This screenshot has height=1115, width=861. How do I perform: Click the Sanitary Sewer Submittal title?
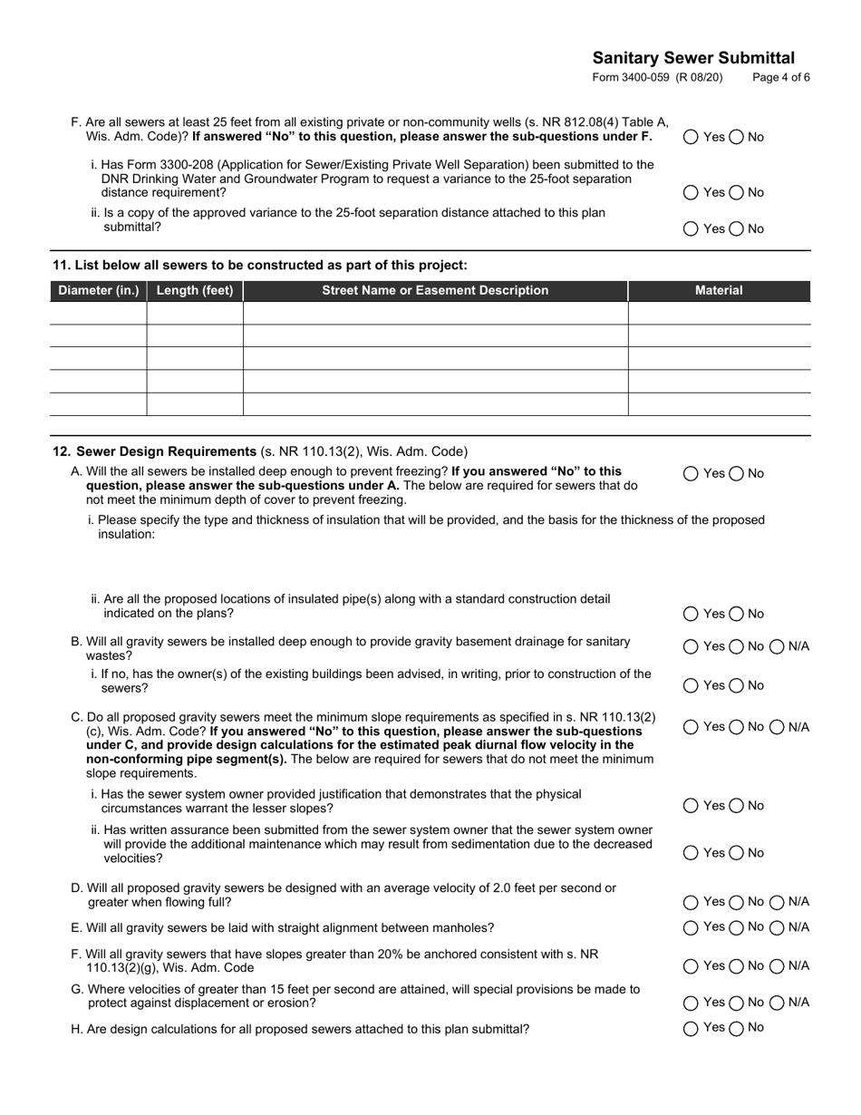(693, 58)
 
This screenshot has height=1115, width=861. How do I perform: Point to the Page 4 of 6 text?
(781, 78)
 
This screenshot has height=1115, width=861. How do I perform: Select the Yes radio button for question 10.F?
(692, 137)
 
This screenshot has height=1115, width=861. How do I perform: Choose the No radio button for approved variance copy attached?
(736, 228)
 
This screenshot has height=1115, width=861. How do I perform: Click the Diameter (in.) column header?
(98, 291)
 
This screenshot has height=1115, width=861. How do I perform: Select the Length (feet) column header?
(195, 291)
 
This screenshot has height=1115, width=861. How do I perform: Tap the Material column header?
(719, 291)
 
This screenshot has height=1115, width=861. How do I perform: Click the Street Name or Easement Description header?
(435, 291)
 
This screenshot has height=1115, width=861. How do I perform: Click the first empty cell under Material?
(719, 314)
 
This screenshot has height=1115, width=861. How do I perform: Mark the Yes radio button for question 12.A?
(692, 473)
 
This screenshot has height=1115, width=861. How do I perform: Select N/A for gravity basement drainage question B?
(778, 646)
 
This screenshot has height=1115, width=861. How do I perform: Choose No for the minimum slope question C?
(736, 727)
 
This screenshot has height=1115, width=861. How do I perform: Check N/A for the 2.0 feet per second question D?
(778, 902)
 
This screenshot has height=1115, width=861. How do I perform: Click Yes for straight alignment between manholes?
(692, 927)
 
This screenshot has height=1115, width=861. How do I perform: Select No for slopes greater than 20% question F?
(736, 966)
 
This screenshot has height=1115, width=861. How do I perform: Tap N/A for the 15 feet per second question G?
(778, 1003)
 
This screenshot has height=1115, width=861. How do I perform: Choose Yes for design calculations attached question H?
(692, 1028)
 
